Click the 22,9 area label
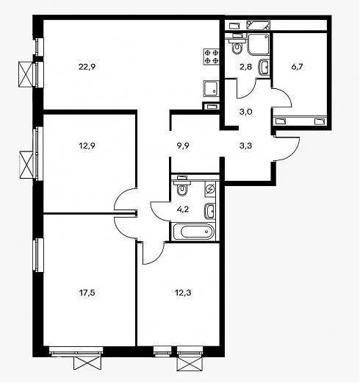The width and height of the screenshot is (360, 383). (x=87, y=67)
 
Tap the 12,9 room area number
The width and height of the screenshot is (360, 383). (x=87, y=146)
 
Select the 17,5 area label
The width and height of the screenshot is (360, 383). (x=87, y=293)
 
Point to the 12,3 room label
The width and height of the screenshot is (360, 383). (x=183, y=293)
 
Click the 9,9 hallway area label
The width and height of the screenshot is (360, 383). (x=183, y=146)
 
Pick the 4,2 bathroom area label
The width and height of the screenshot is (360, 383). (x=183, y=210)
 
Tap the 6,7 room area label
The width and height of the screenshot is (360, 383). (x=297, y=67)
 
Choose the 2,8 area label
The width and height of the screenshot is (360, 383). (x=245, y=67)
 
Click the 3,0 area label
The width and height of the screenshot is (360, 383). (x=245, y=112)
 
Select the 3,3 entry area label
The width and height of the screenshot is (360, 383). (x=245, y=146)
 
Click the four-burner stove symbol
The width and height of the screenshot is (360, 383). (x=211, y=57)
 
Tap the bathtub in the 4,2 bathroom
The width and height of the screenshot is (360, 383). (x=194, y=231)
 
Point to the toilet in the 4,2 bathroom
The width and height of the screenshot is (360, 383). (x=181, y=188)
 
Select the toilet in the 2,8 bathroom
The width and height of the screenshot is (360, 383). (x=237, y=47)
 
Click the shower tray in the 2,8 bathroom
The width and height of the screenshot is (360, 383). (x=259, y=44)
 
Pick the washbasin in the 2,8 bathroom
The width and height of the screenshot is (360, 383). (x=264, y=67)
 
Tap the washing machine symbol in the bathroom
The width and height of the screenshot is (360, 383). (x=210, y=190)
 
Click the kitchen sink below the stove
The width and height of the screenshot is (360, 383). (x=211, y=88)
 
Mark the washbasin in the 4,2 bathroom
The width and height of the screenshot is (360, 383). (x=210, y=211)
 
